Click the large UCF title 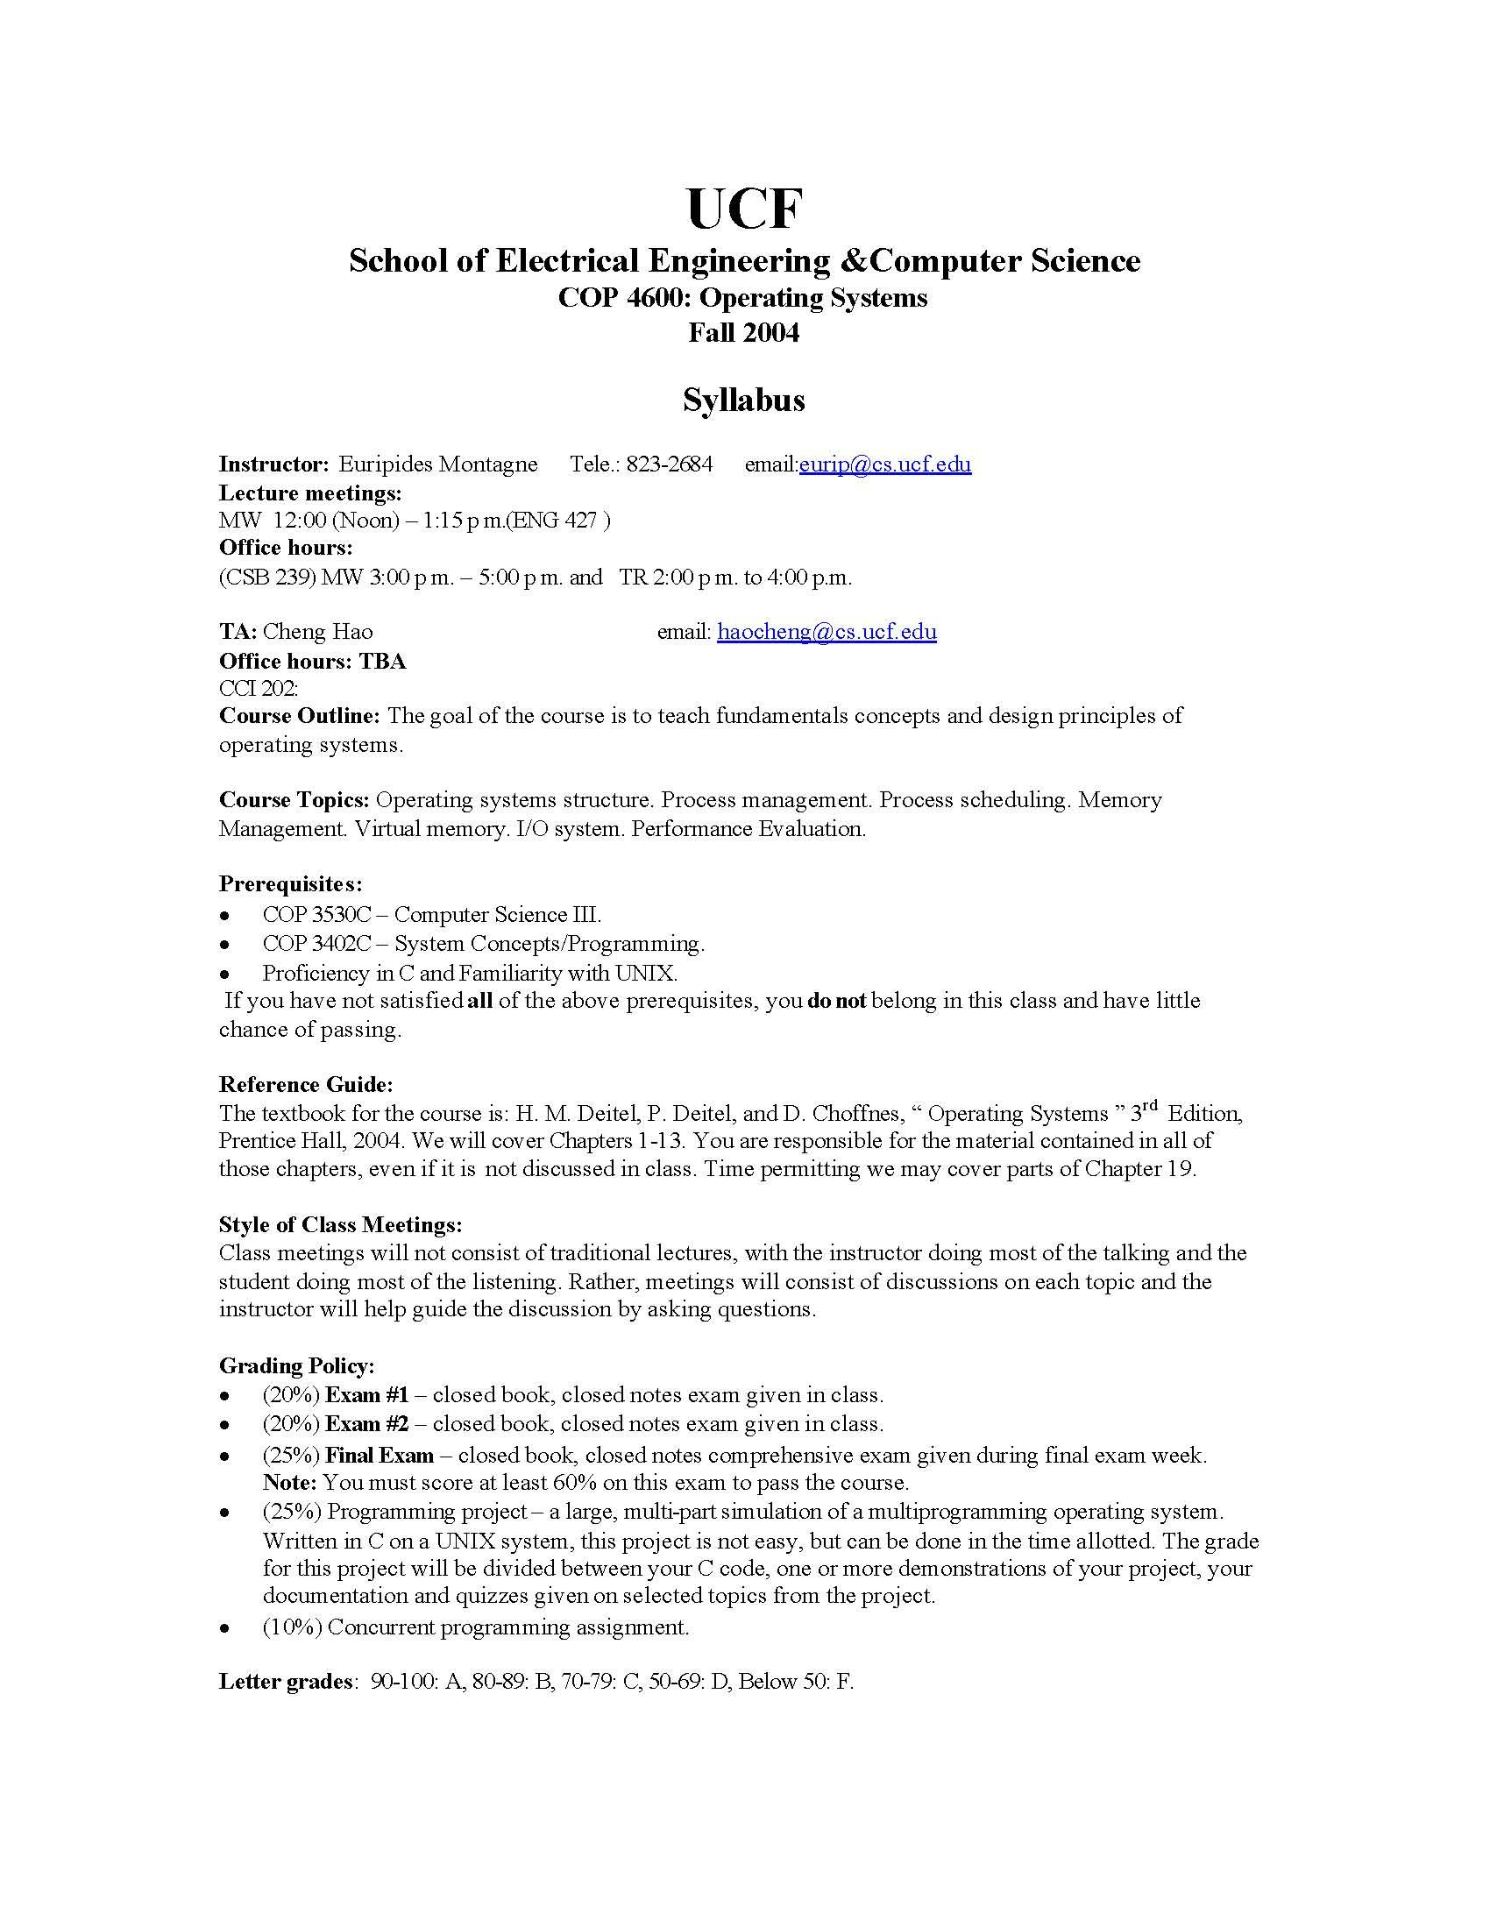pyautogui.click(x=744, y=209)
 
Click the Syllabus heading pyautogui.click(x=743, y=400)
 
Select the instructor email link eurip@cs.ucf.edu pyautogui.click(x=884, y=464)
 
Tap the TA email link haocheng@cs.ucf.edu pyautogui.click(x=827, y=631)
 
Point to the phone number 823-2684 pyautogui.click(x=669, y=464)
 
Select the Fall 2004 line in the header pyautogui.click(x=743, y=333)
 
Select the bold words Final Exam pyautogui.click(x=380, y=1455)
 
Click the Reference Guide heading pyautogui.click(x=305, y=1084)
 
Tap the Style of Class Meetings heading pyautogui.click(x=340, y=1224)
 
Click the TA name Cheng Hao pyautogui.click(x=318, y=631)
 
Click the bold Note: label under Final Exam pyautogui.click(x=289, y=1482)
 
